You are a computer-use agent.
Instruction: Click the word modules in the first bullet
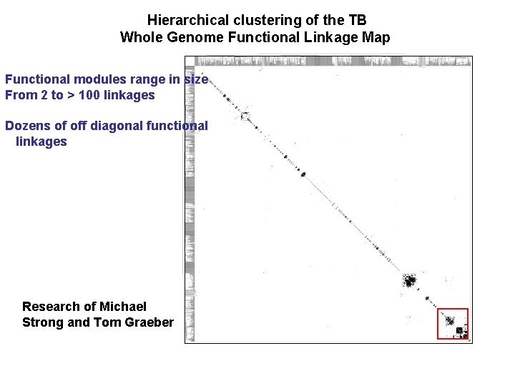pyautogui.click(x=96, y=79)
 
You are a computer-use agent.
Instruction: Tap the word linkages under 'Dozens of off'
pyautogui.click(x=41, y=142)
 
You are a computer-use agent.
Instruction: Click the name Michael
pyautogui.click(x=123, y=307)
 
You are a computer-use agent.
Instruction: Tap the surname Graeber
pyautogui.click(x=149, y=322)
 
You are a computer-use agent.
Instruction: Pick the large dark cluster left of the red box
pyautogui.click(x=410, y=280)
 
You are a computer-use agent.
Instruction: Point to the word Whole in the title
pyautogui.click(x=139, y=37)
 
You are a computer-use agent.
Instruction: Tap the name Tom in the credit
pyautogui.click(x=108, y=322)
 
